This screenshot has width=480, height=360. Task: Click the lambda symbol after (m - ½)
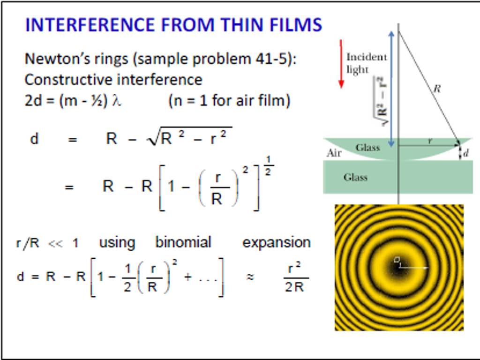[x=116, y=101]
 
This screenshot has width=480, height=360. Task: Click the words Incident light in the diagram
[x=366, y=63]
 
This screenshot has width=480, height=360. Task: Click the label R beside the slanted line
[x=437, y=88]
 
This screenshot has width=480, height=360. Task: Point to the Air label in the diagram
[x=333, y=153]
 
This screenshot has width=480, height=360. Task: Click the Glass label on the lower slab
[x=355, y=177]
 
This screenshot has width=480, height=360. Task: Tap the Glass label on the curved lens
[x=367, y=148]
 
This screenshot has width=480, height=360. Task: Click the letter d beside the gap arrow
[x=465, y=153]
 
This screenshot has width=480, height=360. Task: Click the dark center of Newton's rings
[x=399, y=267]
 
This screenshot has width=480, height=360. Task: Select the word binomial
[x=183, y=242]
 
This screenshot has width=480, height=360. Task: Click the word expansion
[x=276, y=242]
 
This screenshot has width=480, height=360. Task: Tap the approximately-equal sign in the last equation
[x=250, y=277]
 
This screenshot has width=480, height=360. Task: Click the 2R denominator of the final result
[x=294, y=287]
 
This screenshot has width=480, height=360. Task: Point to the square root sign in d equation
[x=153, y=139]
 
